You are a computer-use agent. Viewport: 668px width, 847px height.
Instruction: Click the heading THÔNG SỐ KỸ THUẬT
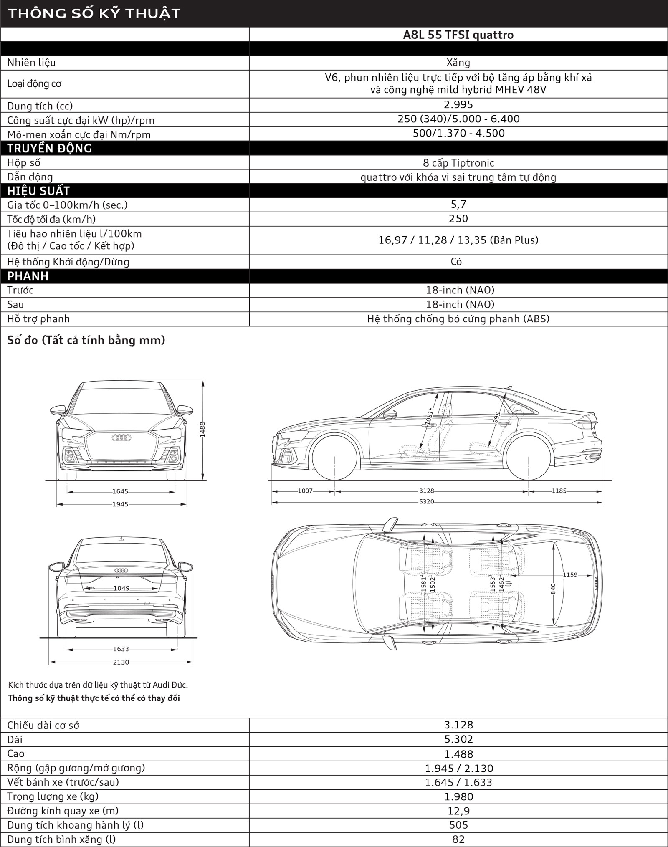pyautogui.click(x=94, y=13)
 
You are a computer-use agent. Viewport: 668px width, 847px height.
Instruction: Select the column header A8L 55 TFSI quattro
pyautogui.click(x=458, y=35)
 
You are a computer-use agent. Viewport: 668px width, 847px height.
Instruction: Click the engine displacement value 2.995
pyautogui.click(x=458, y=104)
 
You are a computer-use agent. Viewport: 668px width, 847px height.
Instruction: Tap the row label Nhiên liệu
pyautogui.click(x=31, y=63)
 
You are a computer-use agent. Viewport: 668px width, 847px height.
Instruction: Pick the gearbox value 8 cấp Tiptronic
pyautogui.click(x=458, y=163)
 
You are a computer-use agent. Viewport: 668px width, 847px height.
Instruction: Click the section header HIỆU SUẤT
pyautogui.click(x=38, y=191)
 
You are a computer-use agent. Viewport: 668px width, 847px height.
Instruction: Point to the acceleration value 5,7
pyautogui.click(x=458, y=205)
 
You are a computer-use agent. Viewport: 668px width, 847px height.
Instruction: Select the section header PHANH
pyautogui.click(x=28, y=276)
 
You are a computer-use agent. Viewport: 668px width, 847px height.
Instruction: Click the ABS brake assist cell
pyautogui.click(x=458, y=319)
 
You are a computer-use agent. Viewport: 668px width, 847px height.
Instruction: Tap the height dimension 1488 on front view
pyautogui.click(x=202, y=429)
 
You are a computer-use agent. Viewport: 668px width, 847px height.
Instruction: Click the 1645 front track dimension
pyautogui.click(x=120, y=491)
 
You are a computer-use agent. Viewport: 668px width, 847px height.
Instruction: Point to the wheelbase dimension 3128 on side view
pyautogui.click(x=426, y=491)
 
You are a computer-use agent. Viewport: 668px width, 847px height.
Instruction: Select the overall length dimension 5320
pyautogui.click(x=426, y=501)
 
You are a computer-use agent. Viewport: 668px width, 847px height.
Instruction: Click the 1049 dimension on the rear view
pyautogui.click(x=121, y=588)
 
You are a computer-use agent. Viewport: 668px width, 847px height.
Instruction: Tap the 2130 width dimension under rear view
pyautogui.click(x=121, y=662)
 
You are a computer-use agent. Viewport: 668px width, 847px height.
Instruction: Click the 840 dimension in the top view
pyautogui.click(x=553, y=588)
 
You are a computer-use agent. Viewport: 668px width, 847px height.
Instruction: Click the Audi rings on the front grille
pyautogui.click(x=121, y=437)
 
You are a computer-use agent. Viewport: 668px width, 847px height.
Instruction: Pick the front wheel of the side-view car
pyautogui.click(x=335, y=457)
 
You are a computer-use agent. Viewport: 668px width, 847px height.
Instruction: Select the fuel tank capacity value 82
pyautogui.click(x=458, y=839)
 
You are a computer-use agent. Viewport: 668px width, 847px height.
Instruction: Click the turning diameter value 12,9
pyautogui.click(x=458, y=811)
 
